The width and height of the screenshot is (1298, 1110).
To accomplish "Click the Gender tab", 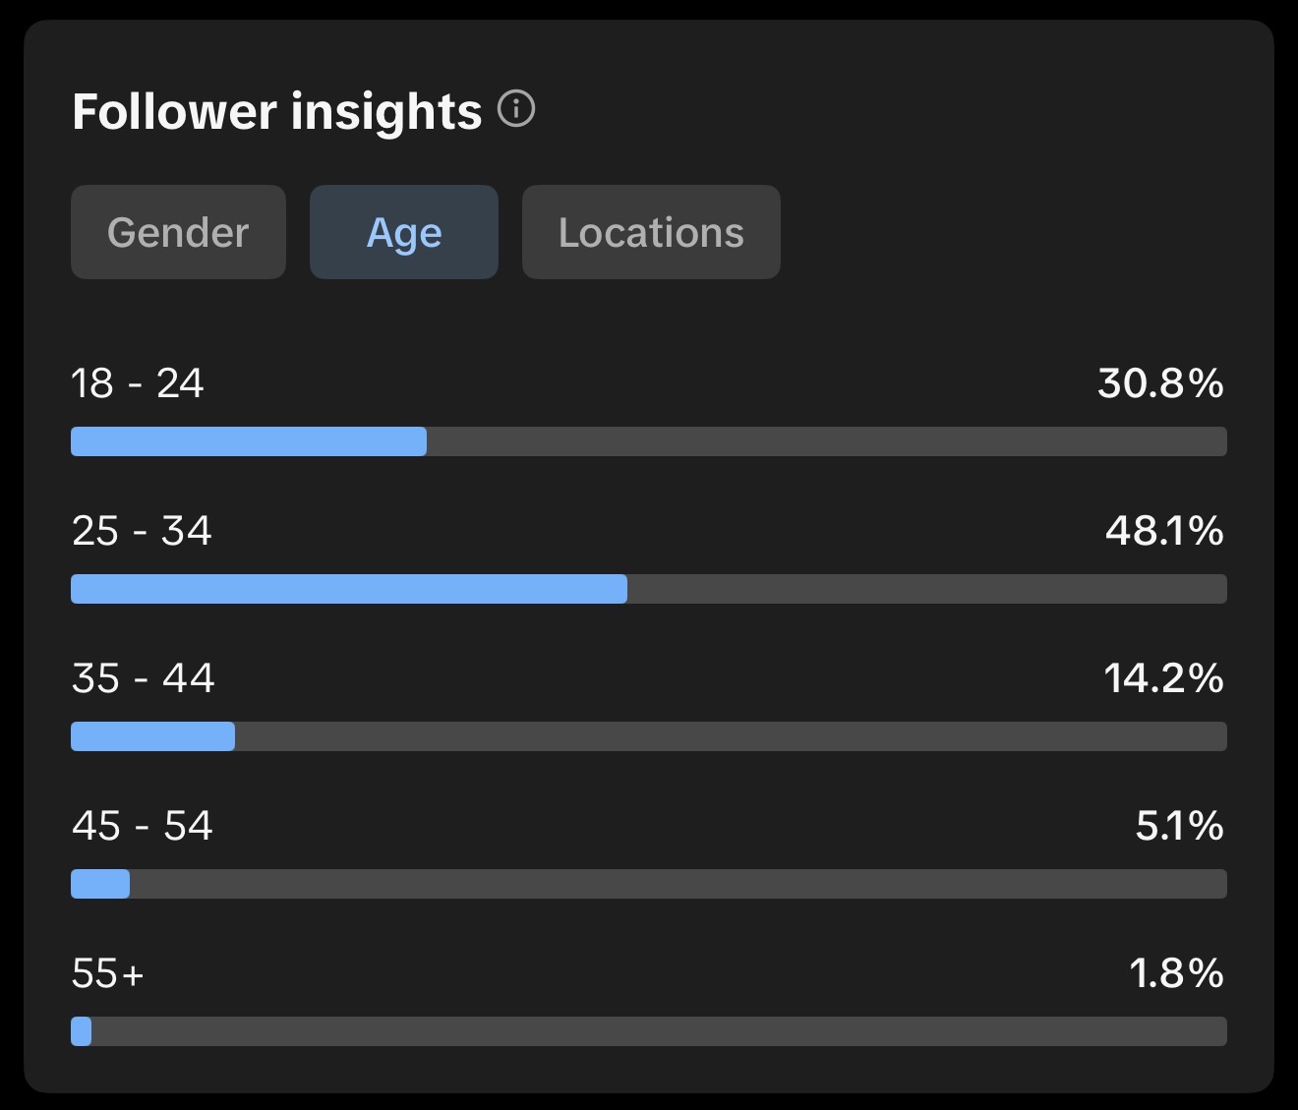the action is click(178, 232).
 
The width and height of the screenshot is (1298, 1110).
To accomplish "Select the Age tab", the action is click(404, 232).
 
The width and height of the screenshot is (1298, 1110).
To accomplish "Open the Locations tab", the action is click(651, 232).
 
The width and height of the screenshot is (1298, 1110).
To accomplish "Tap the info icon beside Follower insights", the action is click(516, 108).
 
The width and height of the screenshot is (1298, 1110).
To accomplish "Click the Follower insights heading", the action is click(277, 112).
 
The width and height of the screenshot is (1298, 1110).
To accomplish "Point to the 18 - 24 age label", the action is click(138, 383).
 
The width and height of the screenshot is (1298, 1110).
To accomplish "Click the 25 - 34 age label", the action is click(142, 531).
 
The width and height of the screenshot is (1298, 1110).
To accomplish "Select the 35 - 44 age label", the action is click(144, 678).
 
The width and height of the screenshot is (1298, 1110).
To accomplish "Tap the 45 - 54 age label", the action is click(143, 826).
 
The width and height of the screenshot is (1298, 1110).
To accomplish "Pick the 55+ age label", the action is click(108, 973).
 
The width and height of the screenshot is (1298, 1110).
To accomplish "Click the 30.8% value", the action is click(1161, 383).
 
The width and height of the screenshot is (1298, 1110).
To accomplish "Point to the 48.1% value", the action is click(1165, 531).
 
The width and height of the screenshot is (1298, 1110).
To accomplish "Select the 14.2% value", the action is click(1163, 678).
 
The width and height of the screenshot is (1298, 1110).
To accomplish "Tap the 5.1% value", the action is click(1180, 826).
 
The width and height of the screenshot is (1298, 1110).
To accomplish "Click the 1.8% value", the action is click(1177, 973).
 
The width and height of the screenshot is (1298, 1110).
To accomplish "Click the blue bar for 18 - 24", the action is click(249, 441).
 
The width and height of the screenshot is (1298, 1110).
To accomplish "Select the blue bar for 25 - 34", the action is click(349, 589).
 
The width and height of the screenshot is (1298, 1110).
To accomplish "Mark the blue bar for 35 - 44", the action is click(153, 736).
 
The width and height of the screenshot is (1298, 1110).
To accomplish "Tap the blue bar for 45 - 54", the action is click(100, 884).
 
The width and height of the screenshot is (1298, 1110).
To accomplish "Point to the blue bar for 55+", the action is click(81, 1031).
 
